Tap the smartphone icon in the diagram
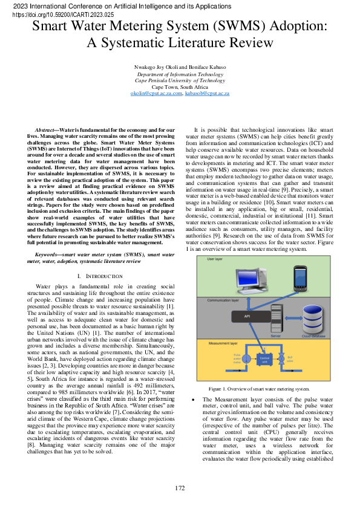coord(300,279)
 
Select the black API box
coord(247,316)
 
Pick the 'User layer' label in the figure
coord(215,259)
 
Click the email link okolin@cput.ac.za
coord(148,94)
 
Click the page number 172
coord(180,487)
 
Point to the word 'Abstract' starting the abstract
coord(44,130)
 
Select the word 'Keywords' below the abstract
coord(47,256)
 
